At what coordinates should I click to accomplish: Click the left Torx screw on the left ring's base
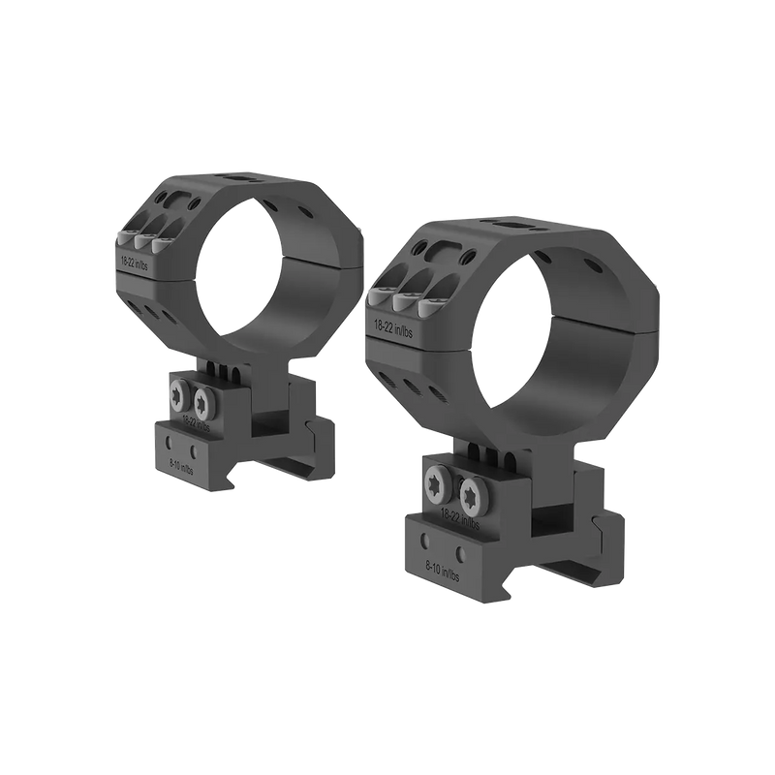(x=181, y=394)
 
